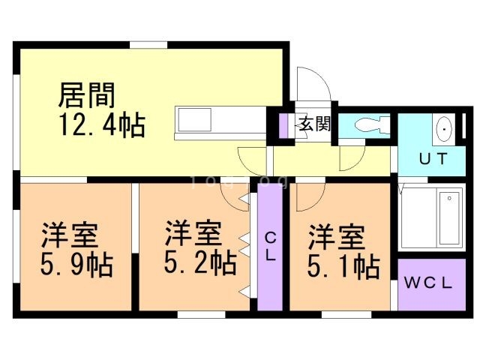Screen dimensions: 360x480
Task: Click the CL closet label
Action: (270, 246)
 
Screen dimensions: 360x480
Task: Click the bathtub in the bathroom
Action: (431, 217)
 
